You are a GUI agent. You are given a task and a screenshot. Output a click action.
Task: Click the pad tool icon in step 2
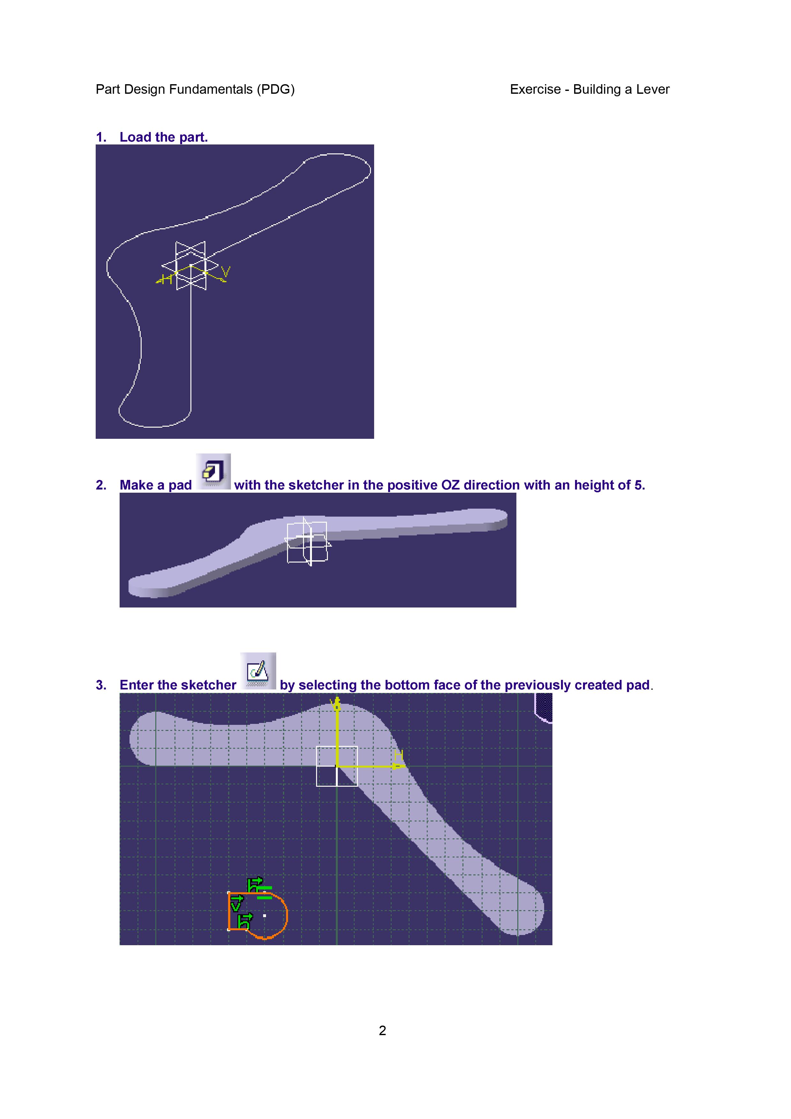point(213,471)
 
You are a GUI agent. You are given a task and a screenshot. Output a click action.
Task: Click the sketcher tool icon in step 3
point(258,671)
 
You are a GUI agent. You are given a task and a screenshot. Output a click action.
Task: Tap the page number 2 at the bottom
point(383,1030)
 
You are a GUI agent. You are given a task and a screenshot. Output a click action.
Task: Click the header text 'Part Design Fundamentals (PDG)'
point(195,89)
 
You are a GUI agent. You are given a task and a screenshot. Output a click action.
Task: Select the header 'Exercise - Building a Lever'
point(590,89)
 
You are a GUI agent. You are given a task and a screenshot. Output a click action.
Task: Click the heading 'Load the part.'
point(164,137)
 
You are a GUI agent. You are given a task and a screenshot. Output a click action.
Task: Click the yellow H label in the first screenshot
point(167,279)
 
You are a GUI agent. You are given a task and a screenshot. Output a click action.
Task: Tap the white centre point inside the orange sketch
point(265,916)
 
